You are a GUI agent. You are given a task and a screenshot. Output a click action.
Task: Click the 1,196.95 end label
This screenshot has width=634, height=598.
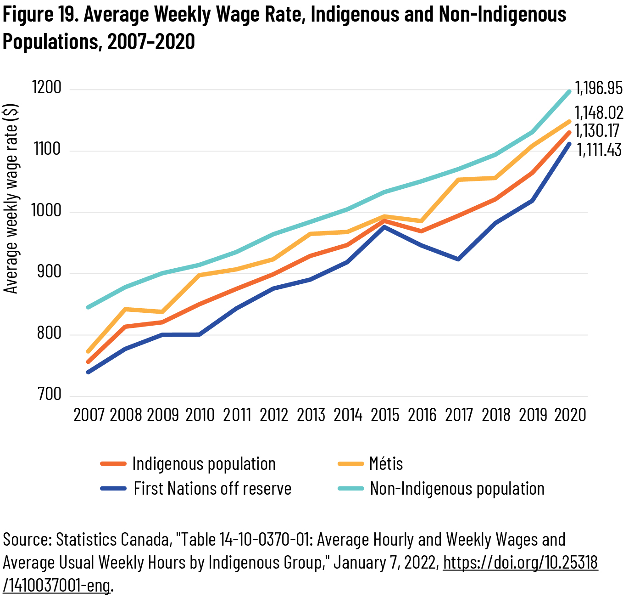click(599, 88)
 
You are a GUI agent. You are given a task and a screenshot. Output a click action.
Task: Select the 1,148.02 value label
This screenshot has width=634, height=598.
click(599, 113)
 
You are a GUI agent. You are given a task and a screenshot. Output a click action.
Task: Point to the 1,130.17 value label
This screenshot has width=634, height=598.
click(597, 131)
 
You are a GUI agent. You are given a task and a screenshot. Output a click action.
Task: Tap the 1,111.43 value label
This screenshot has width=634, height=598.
click(599, 150)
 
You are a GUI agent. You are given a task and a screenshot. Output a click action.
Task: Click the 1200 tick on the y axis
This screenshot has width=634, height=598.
click(46, 87)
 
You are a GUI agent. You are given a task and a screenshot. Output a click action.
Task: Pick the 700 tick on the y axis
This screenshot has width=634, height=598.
click(49, 394)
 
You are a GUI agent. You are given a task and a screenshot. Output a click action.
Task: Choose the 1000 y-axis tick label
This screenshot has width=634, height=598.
click(46, 210)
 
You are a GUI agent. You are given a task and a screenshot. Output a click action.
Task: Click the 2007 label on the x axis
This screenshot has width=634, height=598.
click(89, 415)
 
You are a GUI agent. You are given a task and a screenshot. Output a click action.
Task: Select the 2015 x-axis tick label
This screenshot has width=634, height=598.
click(385, 415)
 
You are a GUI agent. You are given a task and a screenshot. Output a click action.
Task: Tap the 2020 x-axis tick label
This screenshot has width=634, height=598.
click(570, 415)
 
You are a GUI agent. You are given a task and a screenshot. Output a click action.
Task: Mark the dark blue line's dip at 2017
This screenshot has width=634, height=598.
click(458, 260)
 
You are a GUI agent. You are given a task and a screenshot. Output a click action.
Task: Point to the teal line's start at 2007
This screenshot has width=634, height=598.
click(88, 307)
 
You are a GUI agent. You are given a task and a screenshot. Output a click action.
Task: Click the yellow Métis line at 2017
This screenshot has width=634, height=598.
click(458, 180)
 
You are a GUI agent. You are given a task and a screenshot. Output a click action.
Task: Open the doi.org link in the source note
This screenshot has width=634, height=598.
click(520, 563)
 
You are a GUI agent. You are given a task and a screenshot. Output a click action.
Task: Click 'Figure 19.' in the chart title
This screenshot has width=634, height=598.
click(41, 15)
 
